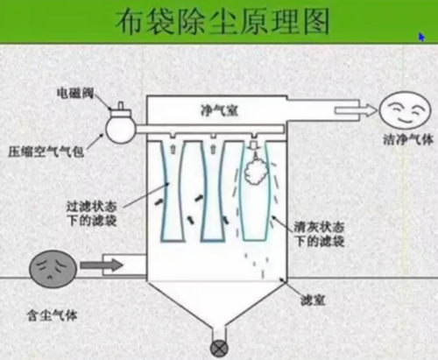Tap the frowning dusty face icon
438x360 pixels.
[x=50, y=265]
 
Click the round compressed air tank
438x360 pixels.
[x=118, y=127]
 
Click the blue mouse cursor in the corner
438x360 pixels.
[x=421, y=38]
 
